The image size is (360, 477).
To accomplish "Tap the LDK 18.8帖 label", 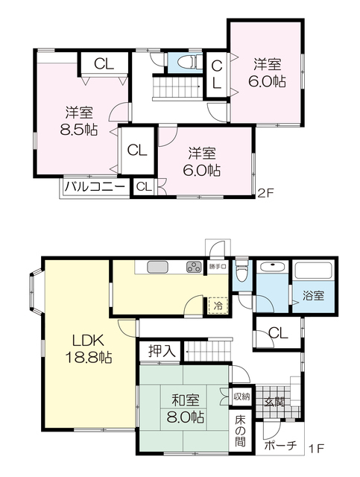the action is (88, 349).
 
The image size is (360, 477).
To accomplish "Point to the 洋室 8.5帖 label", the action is (79, 121).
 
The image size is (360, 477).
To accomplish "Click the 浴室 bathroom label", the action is (313, 295).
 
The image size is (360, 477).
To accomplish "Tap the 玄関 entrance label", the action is (274, 402).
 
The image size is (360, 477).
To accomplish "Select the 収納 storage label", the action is (241, 397).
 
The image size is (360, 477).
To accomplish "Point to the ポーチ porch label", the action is (280, 446).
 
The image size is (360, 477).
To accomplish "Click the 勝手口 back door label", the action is (218, 267).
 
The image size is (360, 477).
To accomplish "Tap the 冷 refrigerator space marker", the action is (218, 306).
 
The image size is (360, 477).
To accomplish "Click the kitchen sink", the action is (157, 268).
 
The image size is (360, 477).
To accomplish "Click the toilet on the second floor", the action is (190, 63).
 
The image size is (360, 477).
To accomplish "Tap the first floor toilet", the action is (242, 270).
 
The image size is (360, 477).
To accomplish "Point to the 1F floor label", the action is (316, 449).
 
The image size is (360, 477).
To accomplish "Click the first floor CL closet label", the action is (278, 333).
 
